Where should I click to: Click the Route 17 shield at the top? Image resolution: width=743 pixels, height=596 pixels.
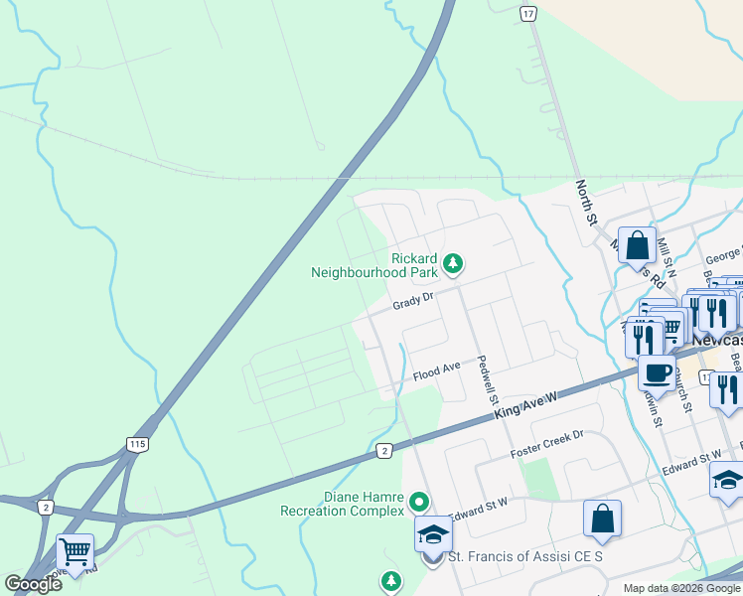pyautogui.click(x=527, y=12)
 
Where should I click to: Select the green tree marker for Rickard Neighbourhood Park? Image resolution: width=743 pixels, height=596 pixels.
pyautogui.click(x=453, y=263)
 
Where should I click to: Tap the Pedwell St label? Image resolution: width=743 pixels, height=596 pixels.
pyautogui.click(x=487, y=378)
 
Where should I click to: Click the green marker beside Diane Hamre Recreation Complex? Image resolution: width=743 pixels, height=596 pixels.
pyautogui.click(x=419, y=503)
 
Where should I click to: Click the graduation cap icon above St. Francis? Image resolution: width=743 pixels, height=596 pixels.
pyautogui.click(x=432, y=534)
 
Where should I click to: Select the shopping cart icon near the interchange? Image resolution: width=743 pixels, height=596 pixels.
pyautogui.click(x=74, y=550)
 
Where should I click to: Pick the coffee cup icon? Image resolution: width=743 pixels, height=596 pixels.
pyautogui.click(x=656, y=373)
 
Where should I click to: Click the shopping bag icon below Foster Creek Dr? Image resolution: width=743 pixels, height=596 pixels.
pyautogui.click(x=602, y=518)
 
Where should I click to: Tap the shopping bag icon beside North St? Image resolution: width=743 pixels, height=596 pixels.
pyautogui.click(x=637, y=244)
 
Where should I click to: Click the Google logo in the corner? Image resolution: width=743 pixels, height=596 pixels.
pyautogui.click(x=34, y=584)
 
